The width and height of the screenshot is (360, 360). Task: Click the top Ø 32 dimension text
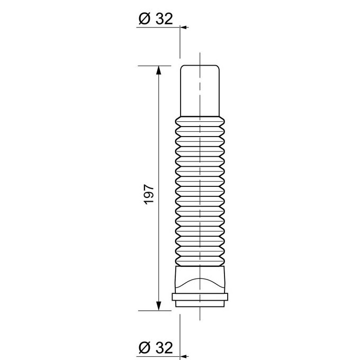[156, 19]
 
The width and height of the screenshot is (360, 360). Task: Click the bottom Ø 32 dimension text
[156, 348]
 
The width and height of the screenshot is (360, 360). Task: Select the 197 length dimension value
[149, 194]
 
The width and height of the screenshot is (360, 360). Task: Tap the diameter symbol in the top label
[145, 19]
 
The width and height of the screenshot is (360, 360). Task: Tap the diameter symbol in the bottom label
[145, 348]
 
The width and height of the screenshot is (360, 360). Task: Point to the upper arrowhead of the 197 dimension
[158, 70]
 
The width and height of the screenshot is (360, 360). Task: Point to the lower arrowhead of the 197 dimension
[158, 306]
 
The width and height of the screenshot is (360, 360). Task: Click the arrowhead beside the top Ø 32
[184, 28]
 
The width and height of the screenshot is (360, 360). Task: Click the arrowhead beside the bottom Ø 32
[184, 356]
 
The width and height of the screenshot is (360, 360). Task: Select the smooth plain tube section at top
[200, 91]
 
